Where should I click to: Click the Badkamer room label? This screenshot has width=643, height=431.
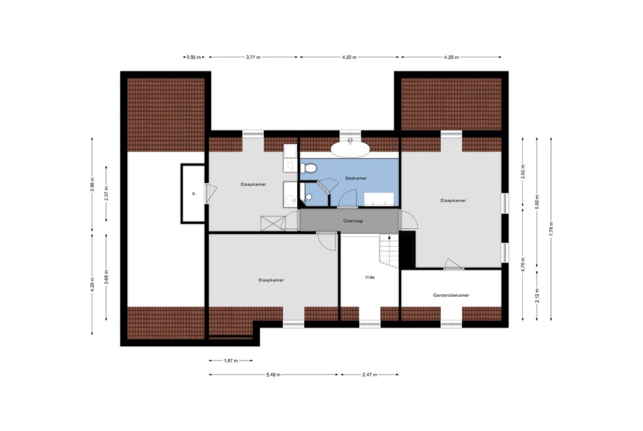tap(356, 178)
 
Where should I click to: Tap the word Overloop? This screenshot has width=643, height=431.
tap(353, 221)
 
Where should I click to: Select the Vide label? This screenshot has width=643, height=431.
tap(370, 277)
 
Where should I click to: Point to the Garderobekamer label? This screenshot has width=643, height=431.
tap(451, 295)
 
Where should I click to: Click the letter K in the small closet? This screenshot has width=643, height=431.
tap(194, 193)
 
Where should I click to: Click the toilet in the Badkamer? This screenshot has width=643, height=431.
tap(308, 168)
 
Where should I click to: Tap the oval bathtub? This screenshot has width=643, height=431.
tap(349, 149)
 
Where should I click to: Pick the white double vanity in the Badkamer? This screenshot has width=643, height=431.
tap(379, 199)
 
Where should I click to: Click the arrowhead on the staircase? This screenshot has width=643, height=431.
tap(389, 237)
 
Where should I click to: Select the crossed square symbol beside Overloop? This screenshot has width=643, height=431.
tap(271, 224)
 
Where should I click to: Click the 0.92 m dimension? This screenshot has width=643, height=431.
tap(194, 57)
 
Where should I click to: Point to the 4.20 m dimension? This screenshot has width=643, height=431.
tap(349, 57)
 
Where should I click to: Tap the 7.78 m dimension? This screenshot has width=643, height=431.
tap(551, 228)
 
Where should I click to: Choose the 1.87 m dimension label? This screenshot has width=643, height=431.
tap(231, 361)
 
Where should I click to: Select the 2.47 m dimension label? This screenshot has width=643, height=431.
tap(370, 374)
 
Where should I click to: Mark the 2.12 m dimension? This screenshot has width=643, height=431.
tap(537, 295)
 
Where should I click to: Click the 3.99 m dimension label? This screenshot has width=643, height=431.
tap(92, 184)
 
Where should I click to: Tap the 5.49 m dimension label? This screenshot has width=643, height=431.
tap(273, 374)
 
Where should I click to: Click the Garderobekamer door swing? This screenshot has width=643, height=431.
tap(454, 264)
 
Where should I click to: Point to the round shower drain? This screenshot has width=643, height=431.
tap(309, 197)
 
